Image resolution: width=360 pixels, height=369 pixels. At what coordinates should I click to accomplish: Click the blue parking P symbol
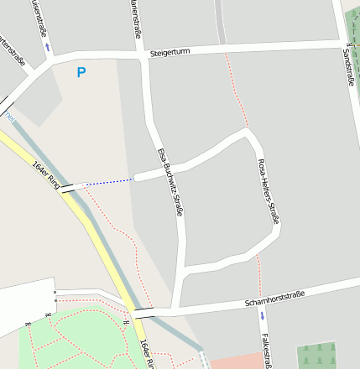(81, 73)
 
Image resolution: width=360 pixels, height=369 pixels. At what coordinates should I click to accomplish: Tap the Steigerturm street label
(170, 53)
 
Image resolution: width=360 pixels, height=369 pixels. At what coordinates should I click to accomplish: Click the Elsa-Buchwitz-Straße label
(170, 182)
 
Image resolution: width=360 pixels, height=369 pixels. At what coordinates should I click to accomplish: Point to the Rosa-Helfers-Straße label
(268, 191)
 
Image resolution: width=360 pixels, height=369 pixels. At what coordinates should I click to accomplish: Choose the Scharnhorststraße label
(273, 298)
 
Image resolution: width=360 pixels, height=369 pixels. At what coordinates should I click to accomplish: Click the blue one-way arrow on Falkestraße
(262, 316)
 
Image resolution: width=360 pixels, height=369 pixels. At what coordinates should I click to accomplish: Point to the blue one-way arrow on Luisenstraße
(48, 46)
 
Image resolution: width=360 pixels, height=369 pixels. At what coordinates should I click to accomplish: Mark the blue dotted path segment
(109, 181)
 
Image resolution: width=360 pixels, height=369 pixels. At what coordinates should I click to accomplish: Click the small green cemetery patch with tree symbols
(316, 355)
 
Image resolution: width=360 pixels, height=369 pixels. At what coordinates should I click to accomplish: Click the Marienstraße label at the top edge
(135, 19)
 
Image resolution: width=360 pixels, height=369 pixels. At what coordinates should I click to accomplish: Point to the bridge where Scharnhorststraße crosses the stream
(143, 314)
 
